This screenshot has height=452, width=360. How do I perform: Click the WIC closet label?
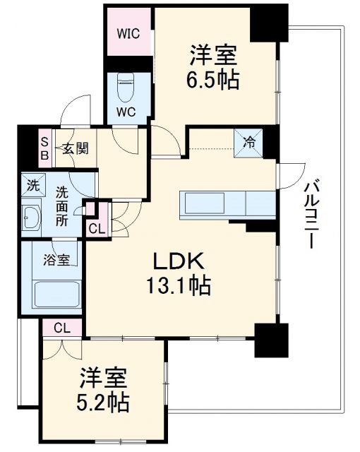point(128,33)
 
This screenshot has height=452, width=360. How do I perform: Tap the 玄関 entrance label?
point(74,148)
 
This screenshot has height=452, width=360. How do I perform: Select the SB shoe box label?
point(44,149)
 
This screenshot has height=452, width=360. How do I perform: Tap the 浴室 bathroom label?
point(57,259)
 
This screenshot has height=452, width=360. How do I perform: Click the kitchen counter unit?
point(228,203)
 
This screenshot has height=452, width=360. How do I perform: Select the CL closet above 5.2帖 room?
point(62,327)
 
